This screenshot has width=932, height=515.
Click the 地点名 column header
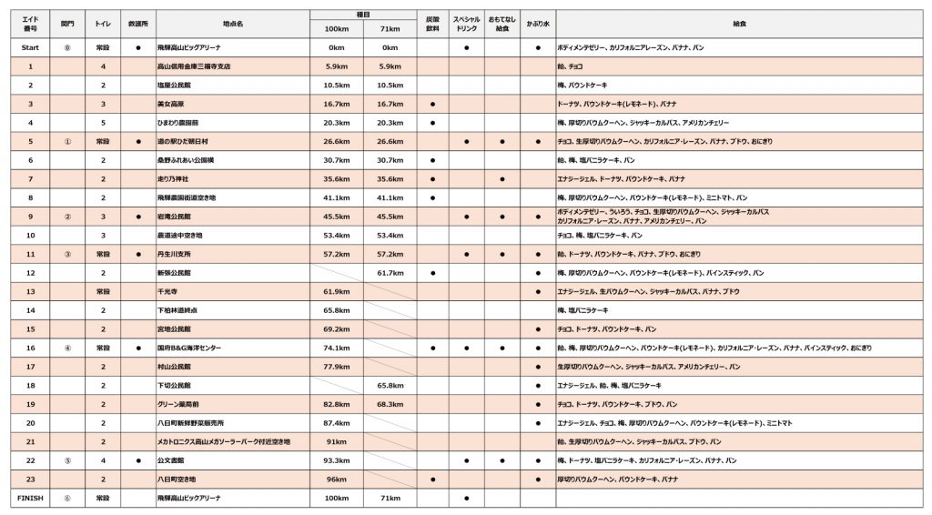232,24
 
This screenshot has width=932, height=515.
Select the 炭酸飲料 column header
432,24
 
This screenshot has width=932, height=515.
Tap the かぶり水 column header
537,24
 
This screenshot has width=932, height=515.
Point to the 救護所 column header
138,24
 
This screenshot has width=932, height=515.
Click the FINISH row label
30,499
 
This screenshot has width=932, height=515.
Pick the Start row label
30,47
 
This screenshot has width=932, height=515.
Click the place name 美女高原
169,104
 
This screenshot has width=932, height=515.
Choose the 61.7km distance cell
390,273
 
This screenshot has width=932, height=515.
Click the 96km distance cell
337,480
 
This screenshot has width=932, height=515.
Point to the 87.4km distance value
337,423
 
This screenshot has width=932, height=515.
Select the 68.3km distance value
390,404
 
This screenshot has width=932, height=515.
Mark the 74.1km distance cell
337,348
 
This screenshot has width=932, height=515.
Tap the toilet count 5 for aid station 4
103,123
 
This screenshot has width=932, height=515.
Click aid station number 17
30,367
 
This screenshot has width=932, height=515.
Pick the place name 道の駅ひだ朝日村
183,142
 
